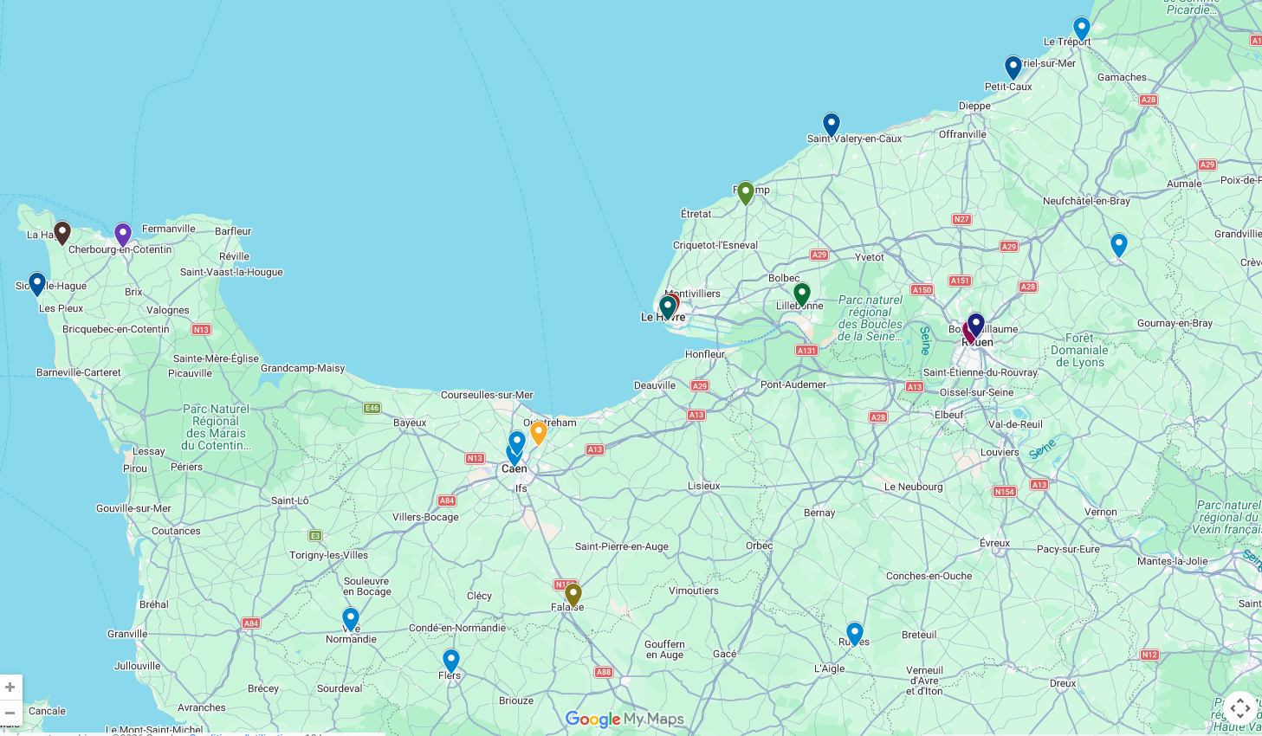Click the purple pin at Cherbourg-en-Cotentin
click(x=123, y=234)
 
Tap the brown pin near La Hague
click(x=61, y=232)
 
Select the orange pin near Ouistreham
click(x=538, y=432)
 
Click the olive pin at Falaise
click(x=573, y=595)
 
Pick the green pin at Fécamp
click(x=746, y=192)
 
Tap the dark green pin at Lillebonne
click(x=802, y=294)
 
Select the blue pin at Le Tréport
click(x=1081, y=29)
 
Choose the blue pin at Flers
click(x=450, y=661)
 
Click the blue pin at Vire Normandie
click(x=350, y=619)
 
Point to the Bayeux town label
click(x=410, y=423)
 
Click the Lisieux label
click(x=703, y=487)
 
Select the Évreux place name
click(x=994, y=544)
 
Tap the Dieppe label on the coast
click(x=974, y=107)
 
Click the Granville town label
click(x=127, y=635)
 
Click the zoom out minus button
click(x=10, y=713)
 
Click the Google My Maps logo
click(x=624, y=720)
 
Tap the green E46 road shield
click(x=372, y=408)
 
